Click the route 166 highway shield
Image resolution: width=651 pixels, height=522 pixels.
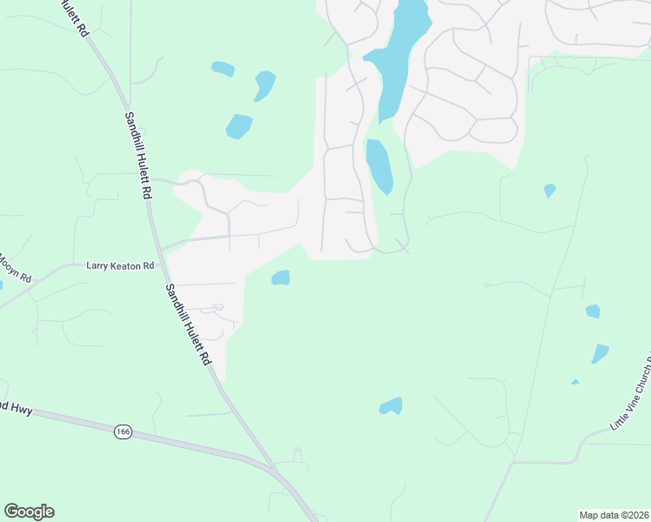click(122, 431)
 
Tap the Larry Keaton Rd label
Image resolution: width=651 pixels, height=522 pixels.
click(120, 265)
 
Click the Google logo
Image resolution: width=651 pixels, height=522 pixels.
click(29, 512)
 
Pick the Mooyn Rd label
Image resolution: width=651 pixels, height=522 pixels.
click(15, 267)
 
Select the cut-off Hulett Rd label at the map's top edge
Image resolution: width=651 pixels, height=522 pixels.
click(74, 17)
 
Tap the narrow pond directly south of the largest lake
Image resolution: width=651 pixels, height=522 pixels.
click(379, 165)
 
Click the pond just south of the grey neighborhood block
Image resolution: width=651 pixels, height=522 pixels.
click(280, 278)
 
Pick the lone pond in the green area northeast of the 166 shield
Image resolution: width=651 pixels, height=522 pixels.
click(391, 405)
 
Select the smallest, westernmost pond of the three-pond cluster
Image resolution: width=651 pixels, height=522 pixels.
click(223, 68)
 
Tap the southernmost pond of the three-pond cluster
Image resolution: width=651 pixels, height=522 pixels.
click(238, 126)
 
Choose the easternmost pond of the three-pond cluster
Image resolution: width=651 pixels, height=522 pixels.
click(265, 84)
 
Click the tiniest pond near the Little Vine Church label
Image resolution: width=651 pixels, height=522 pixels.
click(575, 381)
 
